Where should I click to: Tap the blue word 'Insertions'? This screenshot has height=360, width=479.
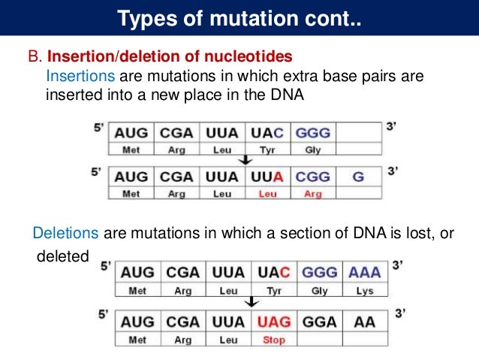(x=80, y=77)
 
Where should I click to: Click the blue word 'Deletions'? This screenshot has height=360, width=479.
(x=66, y=234)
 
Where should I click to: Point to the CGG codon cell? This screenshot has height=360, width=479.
(x=312, y=178)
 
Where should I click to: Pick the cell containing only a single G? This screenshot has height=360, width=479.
(x=358, y=178)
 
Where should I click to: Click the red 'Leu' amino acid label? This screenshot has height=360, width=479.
(x=267, y=194)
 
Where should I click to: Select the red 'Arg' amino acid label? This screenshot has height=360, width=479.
(x=312, y=194)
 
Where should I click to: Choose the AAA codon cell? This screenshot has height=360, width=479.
(x=365, y=271)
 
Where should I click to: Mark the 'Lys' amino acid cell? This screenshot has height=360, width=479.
(x=365, y=289)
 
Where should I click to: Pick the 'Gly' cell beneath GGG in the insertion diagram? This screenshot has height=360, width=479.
(x=312, y=150)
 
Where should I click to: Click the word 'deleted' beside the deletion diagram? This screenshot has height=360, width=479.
(x=63, y=257)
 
